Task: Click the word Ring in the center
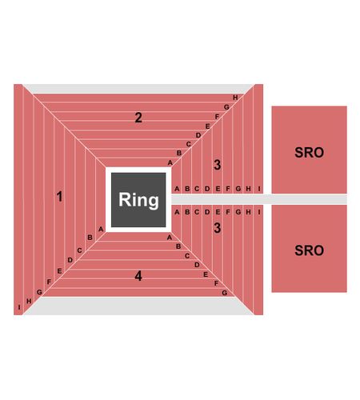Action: (138, 200)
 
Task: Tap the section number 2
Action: (138, 118)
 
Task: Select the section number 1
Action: (59, 197)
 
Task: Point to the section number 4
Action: (138, 276)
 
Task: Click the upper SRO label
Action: (309, 153)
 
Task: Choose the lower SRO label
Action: (309, 250)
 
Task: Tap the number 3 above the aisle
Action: (218, 165)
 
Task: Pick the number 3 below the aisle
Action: (218, 228)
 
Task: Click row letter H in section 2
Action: (235, 98)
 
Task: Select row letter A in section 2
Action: (170, 162)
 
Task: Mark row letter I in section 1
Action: (19, 307)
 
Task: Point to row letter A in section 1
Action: (101, 229)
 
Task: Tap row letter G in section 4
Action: (225, 293)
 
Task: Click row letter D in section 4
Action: (197, 265)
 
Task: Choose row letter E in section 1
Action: (59, 271)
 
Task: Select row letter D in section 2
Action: (198, 135)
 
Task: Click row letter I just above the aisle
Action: (259, 189)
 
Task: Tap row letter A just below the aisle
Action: (177, 212)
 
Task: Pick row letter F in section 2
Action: (217, 117)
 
